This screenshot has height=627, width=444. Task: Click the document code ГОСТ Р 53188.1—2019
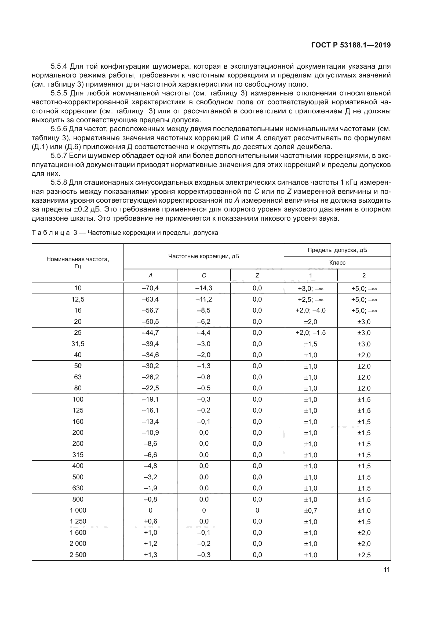[351, 45]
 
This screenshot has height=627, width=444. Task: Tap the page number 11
[387, 570]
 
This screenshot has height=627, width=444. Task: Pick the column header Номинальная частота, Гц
[78, 262]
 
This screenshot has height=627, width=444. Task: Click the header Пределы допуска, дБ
[337, 250]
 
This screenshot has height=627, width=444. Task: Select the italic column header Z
[257, 276]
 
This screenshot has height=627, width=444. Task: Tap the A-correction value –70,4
[150, 288]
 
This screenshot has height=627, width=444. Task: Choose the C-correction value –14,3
[204, 288]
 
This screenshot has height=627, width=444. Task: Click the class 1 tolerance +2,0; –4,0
[310, 310]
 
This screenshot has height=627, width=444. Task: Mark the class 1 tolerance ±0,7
[310, 510]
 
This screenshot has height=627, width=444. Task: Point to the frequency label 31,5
[78, 344]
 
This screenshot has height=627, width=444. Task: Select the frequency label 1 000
[78, 510]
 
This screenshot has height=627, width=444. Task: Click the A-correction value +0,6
[150, 521]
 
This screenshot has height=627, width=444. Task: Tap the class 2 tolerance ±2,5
[364, 555]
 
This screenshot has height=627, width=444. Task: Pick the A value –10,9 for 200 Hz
[150, 433]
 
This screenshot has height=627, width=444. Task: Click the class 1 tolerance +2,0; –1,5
[310, 333]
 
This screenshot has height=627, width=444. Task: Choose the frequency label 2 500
[78, 555]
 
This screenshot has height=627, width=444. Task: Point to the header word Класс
[337, 263]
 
